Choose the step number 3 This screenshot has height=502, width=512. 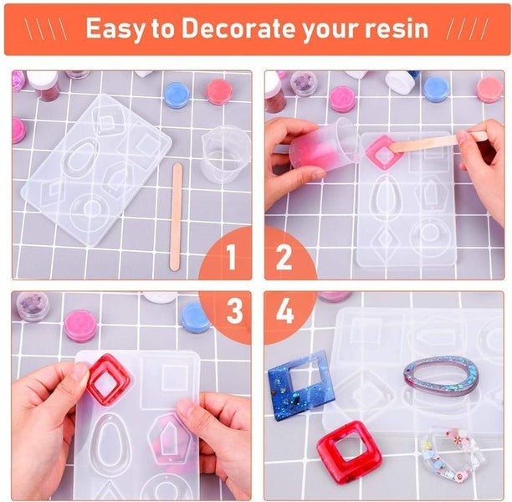pyautogui.click(x=233, y=311)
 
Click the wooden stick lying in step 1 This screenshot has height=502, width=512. pyautogui.click(x=177, y=216)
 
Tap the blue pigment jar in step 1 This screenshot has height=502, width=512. pyautogui.click(x=177, y=95)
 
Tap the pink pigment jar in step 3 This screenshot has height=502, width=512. pyautogui.click(x=80, y=325)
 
